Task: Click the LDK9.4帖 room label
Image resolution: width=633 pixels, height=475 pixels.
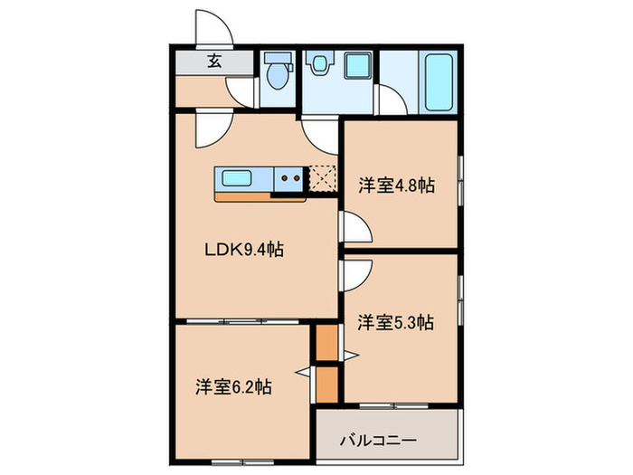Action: pyautogui.click(x=242, y=249)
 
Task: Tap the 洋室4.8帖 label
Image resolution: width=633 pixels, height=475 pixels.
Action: pyautogui.click(x=396, y=186)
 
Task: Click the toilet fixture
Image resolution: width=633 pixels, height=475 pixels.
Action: pyautogui.click(x=277, y=72)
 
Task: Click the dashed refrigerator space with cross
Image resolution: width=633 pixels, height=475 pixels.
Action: pyautogui.click(x=322, y=178)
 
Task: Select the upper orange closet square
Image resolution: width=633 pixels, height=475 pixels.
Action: pyautogui.click(x=326, y=343)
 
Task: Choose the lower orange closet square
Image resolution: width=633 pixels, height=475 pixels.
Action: pyautogui.click(x=326, y=384)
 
